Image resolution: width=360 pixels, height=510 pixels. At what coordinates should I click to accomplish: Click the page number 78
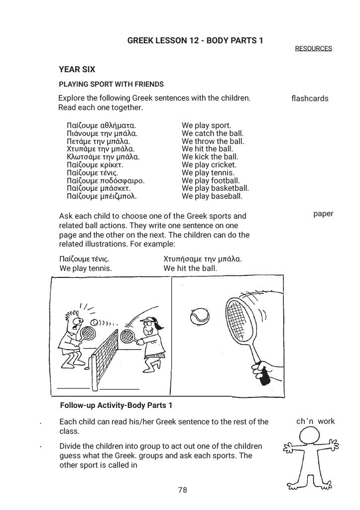[182, 490]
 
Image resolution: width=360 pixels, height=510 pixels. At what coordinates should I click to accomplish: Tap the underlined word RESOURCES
[313, 48]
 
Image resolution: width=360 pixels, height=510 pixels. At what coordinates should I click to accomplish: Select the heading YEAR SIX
[77, 70]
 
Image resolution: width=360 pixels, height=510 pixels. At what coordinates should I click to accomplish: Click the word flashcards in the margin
[310, 98]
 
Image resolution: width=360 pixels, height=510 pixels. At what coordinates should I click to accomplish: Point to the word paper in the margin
[323, 214]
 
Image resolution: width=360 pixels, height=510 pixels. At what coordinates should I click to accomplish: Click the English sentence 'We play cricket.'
[209, 165]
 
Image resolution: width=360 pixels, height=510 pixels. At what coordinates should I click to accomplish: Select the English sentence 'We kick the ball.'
[210, 157]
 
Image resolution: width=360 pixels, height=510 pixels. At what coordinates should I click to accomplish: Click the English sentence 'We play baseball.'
[212, 196]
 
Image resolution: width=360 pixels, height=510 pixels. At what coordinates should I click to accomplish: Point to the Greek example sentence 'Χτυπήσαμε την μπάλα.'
[203, 259]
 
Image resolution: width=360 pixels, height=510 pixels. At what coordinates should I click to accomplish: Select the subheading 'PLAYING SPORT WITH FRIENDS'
[111, 84]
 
